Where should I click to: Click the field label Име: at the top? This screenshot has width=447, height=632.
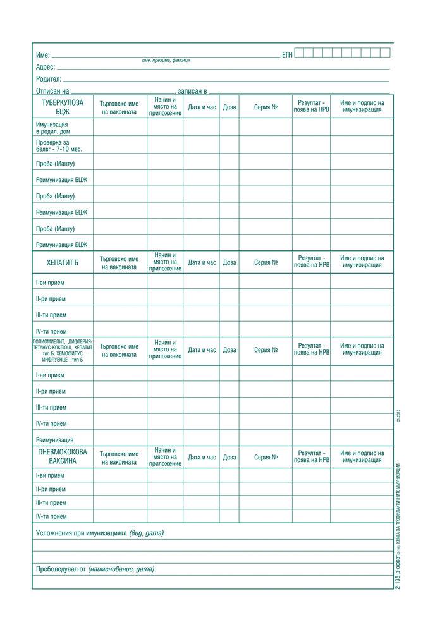(x=43, y=56)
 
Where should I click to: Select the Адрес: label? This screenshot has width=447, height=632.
(x=46, y=67)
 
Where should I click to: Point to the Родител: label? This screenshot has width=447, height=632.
(x=49, y=80)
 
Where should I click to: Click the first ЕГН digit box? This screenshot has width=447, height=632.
(x=300, y=53)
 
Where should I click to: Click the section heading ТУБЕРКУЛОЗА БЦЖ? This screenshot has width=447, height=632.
(x=62, y=107)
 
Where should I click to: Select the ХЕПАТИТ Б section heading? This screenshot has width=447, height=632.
(x=62, y=262)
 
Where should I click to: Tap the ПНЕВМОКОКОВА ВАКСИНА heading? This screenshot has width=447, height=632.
(x=62, y=457)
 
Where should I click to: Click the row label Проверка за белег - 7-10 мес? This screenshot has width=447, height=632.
(x=59, y=145)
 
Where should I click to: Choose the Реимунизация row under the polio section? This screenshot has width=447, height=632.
(x=54, y=440)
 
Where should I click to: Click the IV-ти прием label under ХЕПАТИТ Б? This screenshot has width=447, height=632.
(x=51, y=331)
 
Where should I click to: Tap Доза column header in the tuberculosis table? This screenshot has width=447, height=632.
(x=230, y=107)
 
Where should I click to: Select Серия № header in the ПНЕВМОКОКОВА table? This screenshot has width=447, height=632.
(x=266, y=457)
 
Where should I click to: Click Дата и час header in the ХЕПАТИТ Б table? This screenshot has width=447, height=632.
(x=202, y=262)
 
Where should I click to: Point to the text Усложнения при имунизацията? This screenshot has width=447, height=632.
(x=82, y=533)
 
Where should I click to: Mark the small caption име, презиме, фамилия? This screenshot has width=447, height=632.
(x=166, y=61)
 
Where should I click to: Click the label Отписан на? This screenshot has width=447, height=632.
(x=52, y=92)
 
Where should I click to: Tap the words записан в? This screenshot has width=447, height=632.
(x=192, y=92)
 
